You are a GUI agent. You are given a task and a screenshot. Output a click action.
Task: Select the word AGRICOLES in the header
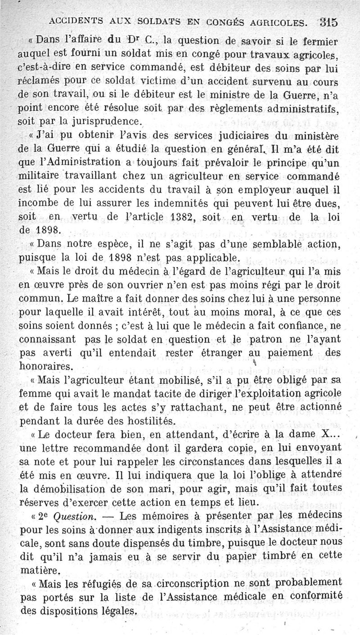tap(276, 21)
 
